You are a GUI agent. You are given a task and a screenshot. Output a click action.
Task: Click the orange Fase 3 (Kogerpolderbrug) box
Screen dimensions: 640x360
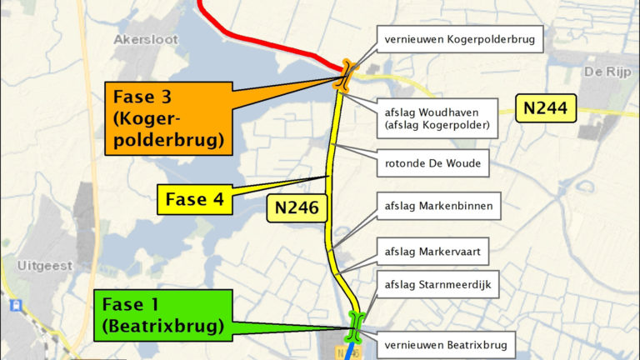coord(169,118)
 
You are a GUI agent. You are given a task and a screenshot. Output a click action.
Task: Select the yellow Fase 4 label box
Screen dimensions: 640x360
coord(194,199)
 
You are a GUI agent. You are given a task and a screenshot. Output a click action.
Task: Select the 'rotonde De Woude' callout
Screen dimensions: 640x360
coord(433,163)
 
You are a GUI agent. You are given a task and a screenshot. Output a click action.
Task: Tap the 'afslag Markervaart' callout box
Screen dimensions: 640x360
coord(436,251)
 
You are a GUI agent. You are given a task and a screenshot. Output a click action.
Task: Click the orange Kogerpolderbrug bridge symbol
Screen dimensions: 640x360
coord(345,76)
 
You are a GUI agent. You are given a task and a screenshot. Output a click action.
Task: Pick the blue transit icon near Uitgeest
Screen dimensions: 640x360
coord(14,307)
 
